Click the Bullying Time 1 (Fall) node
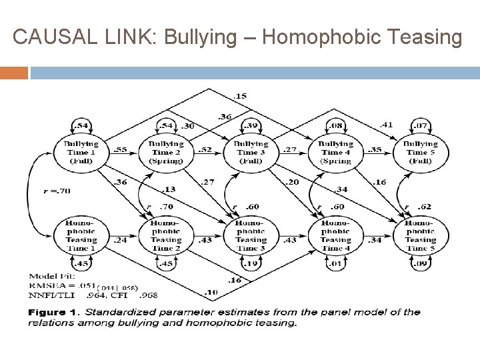tap(81, 151)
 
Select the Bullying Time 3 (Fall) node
tap(251, 151)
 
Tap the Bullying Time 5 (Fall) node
tap(420, 151)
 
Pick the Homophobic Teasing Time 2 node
tap(166, 235)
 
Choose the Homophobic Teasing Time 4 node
tap(335, 235)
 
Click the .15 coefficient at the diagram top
tap(241, 96)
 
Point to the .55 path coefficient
tap(121, 150)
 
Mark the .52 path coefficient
tap(205, 150)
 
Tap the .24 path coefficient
tap(121, 240)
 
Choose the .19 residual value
tap(251, 264)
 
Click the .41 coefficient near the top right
tap(386, 123)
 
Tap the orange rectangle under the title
tap(14, 73)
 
